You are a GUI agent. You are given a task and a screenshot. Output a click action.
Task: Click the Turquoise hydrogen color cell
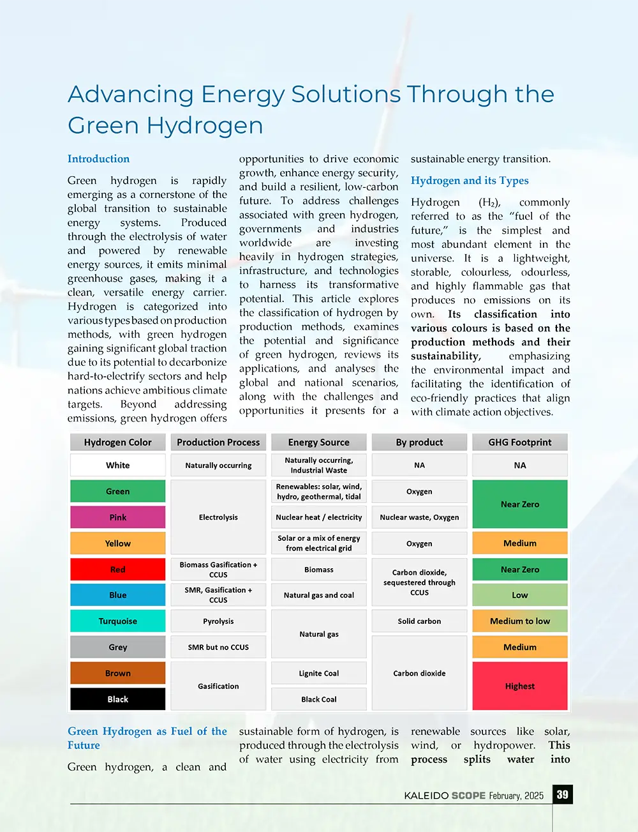point(118,621)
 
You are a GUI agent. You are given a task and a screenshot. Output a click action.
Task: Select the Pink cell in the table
point(118,517)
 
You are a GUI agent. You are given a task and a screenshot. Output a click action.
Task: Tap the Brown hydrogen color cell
point(118,673)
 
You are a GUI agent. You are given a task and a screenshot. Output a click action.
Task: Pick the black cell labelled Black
point(118,699)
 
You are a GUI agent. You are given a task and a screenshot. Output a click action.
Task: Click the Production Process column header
point(218,442)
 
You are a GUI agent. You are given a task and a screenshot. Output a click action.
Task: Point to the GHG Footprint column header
point(520,442)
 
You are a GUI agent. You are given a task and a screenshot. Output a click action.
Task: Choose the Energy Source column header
point(319,442)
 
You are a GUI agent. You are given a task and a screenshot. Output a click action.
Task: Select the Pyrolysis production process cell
point(218,621)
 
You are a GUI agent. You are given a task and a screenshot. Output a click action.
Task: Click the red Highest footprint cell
point(520,686)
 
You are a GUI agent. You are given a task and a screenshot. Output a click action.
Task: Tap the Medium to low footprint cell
point(520,621)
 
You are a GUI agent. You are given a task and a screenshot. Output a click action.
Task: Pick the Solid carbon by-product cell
point(419,621)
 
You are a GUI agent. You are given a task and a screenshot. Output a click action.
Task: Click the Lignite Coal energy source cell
point(319,673)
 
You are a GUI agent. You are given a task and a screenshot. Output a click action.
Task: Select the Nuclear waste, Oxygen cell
point(419,517)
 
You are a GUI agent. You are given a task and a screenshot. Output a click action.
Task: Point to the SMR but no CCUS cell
point(218,647)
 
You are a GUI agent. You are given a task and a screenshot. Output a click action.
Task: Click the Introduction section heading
point(98,159)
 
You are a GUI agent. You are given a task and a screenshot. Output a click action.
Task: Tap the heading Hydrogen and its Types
point(470,181)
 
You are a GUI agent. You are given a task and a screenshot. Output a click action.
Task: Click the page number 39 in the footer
point(562,795)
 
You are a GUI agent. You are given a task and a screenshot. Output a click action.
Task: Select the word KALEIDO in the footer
point(426,796)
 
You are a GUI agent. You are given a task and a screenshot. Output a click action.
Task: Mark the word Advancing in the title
point(131,95)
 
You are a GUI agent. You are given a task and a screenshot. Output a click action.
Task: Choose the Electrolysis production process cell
point(218,517)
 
